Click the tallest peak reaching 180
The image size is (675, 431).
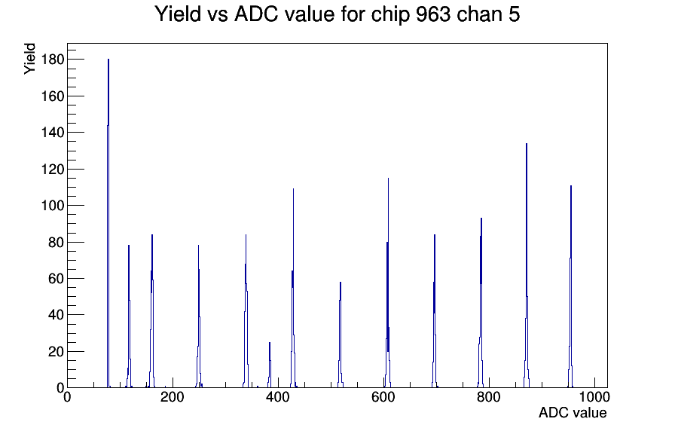[x=108, y=223]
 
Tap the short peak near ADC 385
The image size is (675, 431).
[x=270, y=365]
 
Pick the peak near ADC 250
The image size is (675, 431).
[x=198, y=316]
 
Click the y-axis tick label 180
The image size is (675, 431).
[x=53, y=60]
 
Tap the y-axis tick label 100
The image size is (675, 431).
[x=53, y=206]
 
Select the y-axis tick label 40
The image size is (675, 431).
[x=56, y=315]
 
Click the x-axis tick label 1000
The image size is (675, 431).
[x=594, y=397]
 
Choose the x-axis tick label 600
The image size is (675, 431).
[x=383, y=397]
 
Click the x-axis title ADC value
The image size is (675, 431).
[x=573, y=413]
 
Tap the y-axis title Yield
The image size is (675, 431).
[x=29, y=59]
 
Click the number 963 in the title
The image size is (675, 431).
[x=433, y=14]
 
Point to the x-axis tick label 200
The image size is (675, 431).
[x=173, y=397]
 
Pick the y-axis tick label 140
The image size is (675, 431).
[x=53, y=132]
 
